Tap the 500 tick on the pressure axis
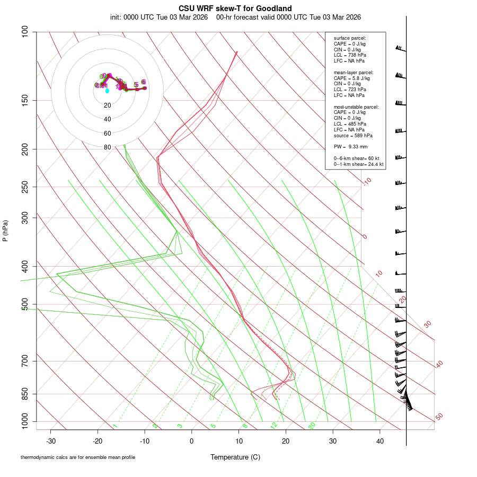25,304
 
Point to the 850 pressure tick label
25,394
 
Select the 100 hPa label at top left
25,32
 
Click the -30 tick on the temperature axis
51,441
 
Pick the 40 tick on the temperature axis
380,441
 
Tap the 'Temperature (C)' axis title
235,457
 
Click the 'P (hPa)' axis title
5,231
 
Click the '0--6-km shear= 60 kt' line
357,158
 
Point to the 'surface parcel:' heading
350,38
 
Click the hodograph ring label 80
108,147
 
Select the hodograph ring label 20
108,105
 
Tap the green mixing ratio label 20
312,426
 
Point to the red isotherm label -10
367,182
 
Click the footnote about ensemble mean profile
78,457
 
